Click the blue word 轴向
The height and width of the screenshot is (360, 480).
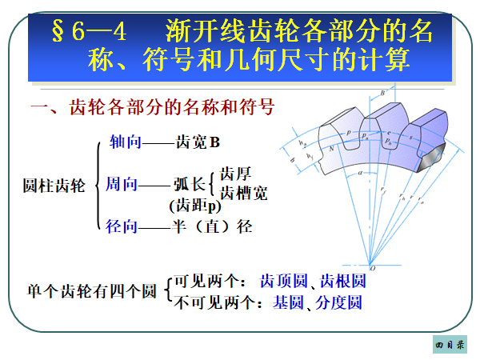coord(125,142)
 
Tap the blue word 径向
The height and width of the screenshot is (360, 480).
coord(122,226)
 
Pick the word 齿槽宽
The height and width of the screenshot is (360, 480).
coord(243,193)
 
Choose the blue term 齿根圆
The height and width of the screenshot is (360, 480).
coord(342,282)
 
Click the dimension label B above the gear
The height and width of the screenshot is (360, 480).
coord(383,94)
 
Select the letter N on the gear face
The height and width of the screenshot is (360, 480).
coord(331,148)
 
